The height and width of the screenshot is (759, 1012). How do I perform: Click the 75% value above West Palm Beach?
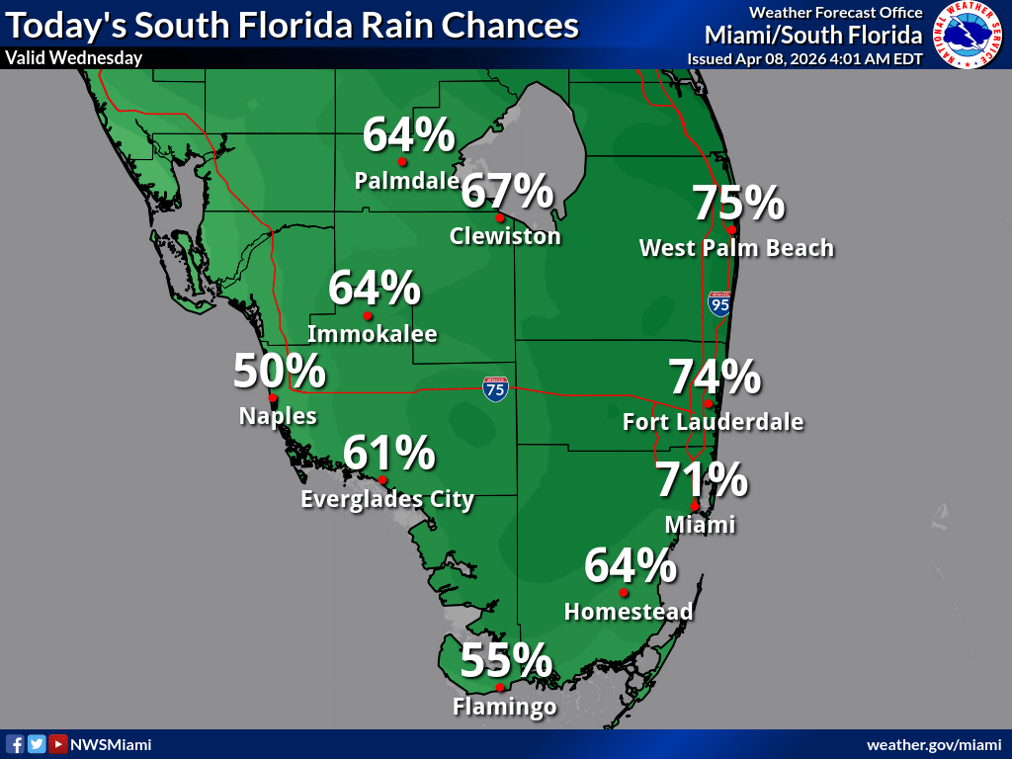coord(738,204)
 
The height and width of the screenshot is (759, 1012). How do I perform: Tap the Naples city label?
coord(278,416)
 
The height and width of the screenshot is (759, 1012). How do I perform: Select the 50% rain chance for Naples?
coord(280,372)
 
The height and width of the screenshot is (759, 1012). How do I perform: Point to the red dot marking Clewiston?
coord(500,217)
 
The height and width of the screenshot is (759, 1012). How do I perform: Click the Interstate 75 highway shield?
coord(496,388)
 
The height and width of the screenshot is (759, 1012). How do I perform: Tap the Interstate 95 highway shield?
coord(719,304)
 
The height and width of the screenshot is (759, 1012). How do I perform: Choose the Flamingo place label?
coord(504,707)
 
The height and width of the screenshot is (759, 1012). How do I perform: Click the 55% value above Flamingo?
coord(506,660)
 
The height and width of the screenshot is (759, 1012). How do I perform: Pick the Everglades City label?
coord(387,499)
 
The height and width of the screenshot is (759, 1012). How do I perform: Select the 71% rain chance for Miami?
coord(702,481)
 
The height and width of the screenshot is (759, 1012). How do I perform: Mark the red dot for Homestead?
coord(624,593)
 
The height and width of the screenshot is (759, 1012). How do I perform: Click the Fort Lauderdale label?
coord(713,422)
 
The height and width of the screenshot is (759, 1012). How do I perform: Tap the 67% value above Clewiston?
coord(507,191)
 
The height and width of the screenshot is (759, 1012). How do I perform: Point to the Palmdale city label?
coord(406,181)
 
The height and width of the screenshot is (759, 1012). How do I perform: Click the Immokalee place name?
coord(372,334)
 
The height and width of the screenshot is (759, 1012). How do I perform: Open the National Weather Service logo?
coord(968,35)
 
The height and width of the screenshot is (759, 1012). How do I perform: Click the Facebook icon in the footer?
coord(16,744)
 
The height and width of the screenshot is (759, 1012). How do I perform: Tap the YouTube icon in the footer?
coord(58,744)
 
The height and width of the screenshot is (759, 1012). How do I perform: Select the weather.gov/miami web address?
coord(934,744)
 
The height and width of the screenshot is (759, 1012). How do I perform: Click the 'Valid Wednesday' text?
coord(74,57)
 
